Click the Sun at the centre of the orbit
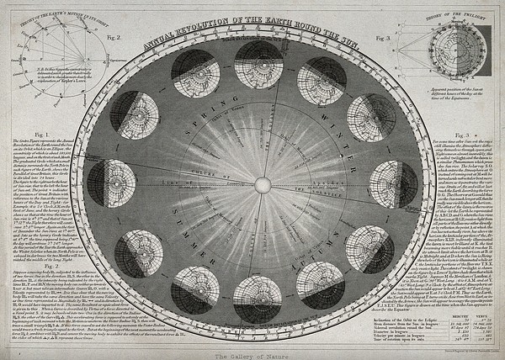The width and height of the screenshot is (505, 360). click(261, 183)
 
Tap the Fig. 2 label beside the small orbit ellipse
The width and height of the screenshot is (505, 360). click(114, 40)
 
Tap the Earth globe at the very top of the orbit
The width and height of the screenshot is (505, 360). click(261, 61)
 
